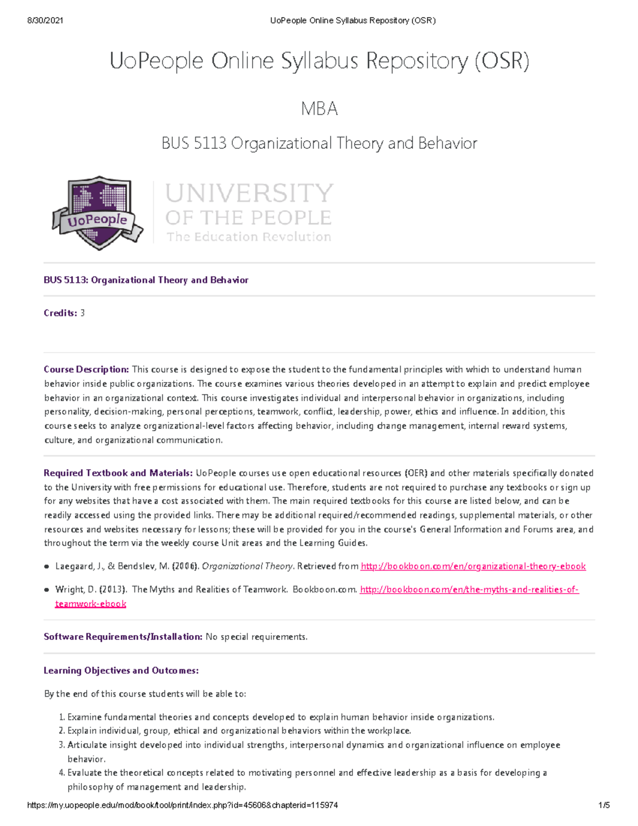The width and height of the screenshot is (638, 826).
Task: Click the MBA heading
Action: pos(319,109)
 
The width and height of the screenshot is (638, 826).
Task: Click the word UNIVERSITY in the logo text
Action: pos(249,193)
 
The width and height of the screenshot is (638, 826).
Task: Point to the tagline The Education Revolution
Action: pos(249,237)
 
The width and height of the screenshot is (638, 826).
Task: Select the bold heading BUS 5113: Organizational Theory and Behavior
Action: pos(146,280)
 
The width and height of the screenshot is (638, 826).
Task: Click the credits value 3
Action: pos(82,313)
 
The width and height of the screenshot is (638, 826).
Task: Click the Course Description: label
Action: pos(86,370)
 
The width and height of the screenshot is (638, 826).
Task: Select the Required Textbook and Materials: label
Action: pos(118,473)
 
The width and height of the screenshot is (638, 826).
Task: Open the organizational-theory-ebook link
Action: pos(473,566)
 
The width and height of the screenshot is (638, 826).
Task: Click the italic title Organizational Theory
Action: pos(247,566)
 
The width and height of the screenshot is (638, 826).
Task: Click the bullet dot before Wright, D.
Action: pos(47,590)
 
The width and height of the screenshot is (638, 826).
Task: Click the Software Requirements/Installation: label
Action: pos(123,637)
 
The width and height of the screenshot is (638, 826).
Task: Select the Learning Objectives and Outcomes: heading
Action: pos(121,671)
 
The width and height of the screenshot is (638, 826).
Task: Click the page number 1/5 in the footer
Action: pos(604,805)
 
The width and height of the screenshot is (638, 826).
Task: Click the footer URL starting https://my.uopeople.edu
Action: pos(182,805)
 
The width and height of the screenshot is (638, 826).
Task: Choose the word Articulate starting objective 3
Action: pos(87,745)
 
